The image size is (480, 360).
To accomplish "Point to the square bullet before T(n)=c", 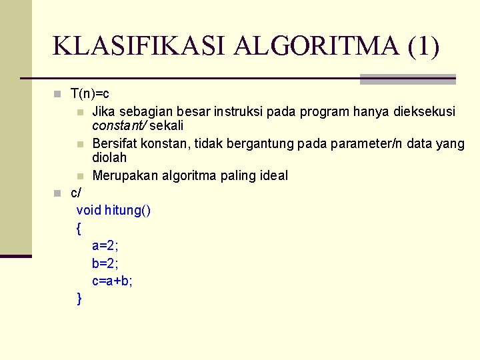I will pyautogui.click(x=58, y=93).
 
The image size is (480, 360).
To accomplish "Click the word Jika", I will pyautogui.click(x=104, y=111).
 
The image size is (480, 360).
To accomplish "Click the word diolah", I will pyautogui.click(x=109, y=158).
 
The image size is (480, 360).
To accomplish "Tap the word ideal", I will pyautogui.click(x=272, y=175).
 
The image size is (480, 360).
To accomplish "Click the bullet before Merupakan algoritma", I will pyautogui.click(x=80, y=176).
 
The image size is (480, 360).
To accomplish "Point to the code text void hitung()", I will pyautogui.click(x=114, y=211).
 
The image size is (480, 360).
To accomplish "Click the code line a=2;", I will pyautogui.click(x=105, y=247).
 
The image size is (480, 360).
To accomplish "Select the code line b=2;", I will pyautogui.click(x=105, y=264).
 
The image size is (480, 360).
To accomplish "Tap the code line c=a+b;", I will pyautogui.click(x=113, y=281).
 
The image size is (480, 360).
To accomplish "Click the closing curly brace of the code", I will pyautogui.click(x=79, y=299).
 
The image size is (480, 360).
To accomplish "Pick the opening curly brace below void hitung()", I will pyautogui.click(x=79, y=229).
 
